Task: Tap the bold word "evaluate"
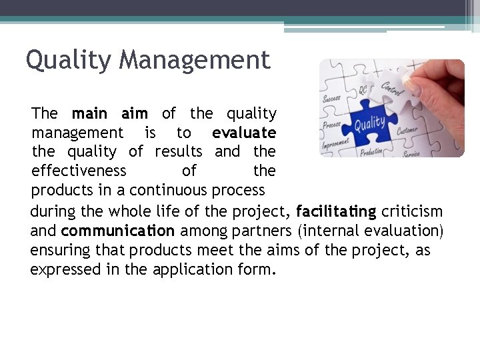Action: [244, 133]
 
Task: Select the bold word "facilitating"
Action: [336, 213]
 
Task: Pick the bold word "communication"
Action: [117, 231]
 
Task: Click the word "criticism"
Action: [412, 213]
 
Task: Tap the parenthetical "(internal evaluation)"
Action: [371, 231]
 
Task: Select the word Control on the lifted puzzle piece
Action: [392, 88]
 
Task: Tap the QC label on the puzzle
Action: [363, 90]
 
